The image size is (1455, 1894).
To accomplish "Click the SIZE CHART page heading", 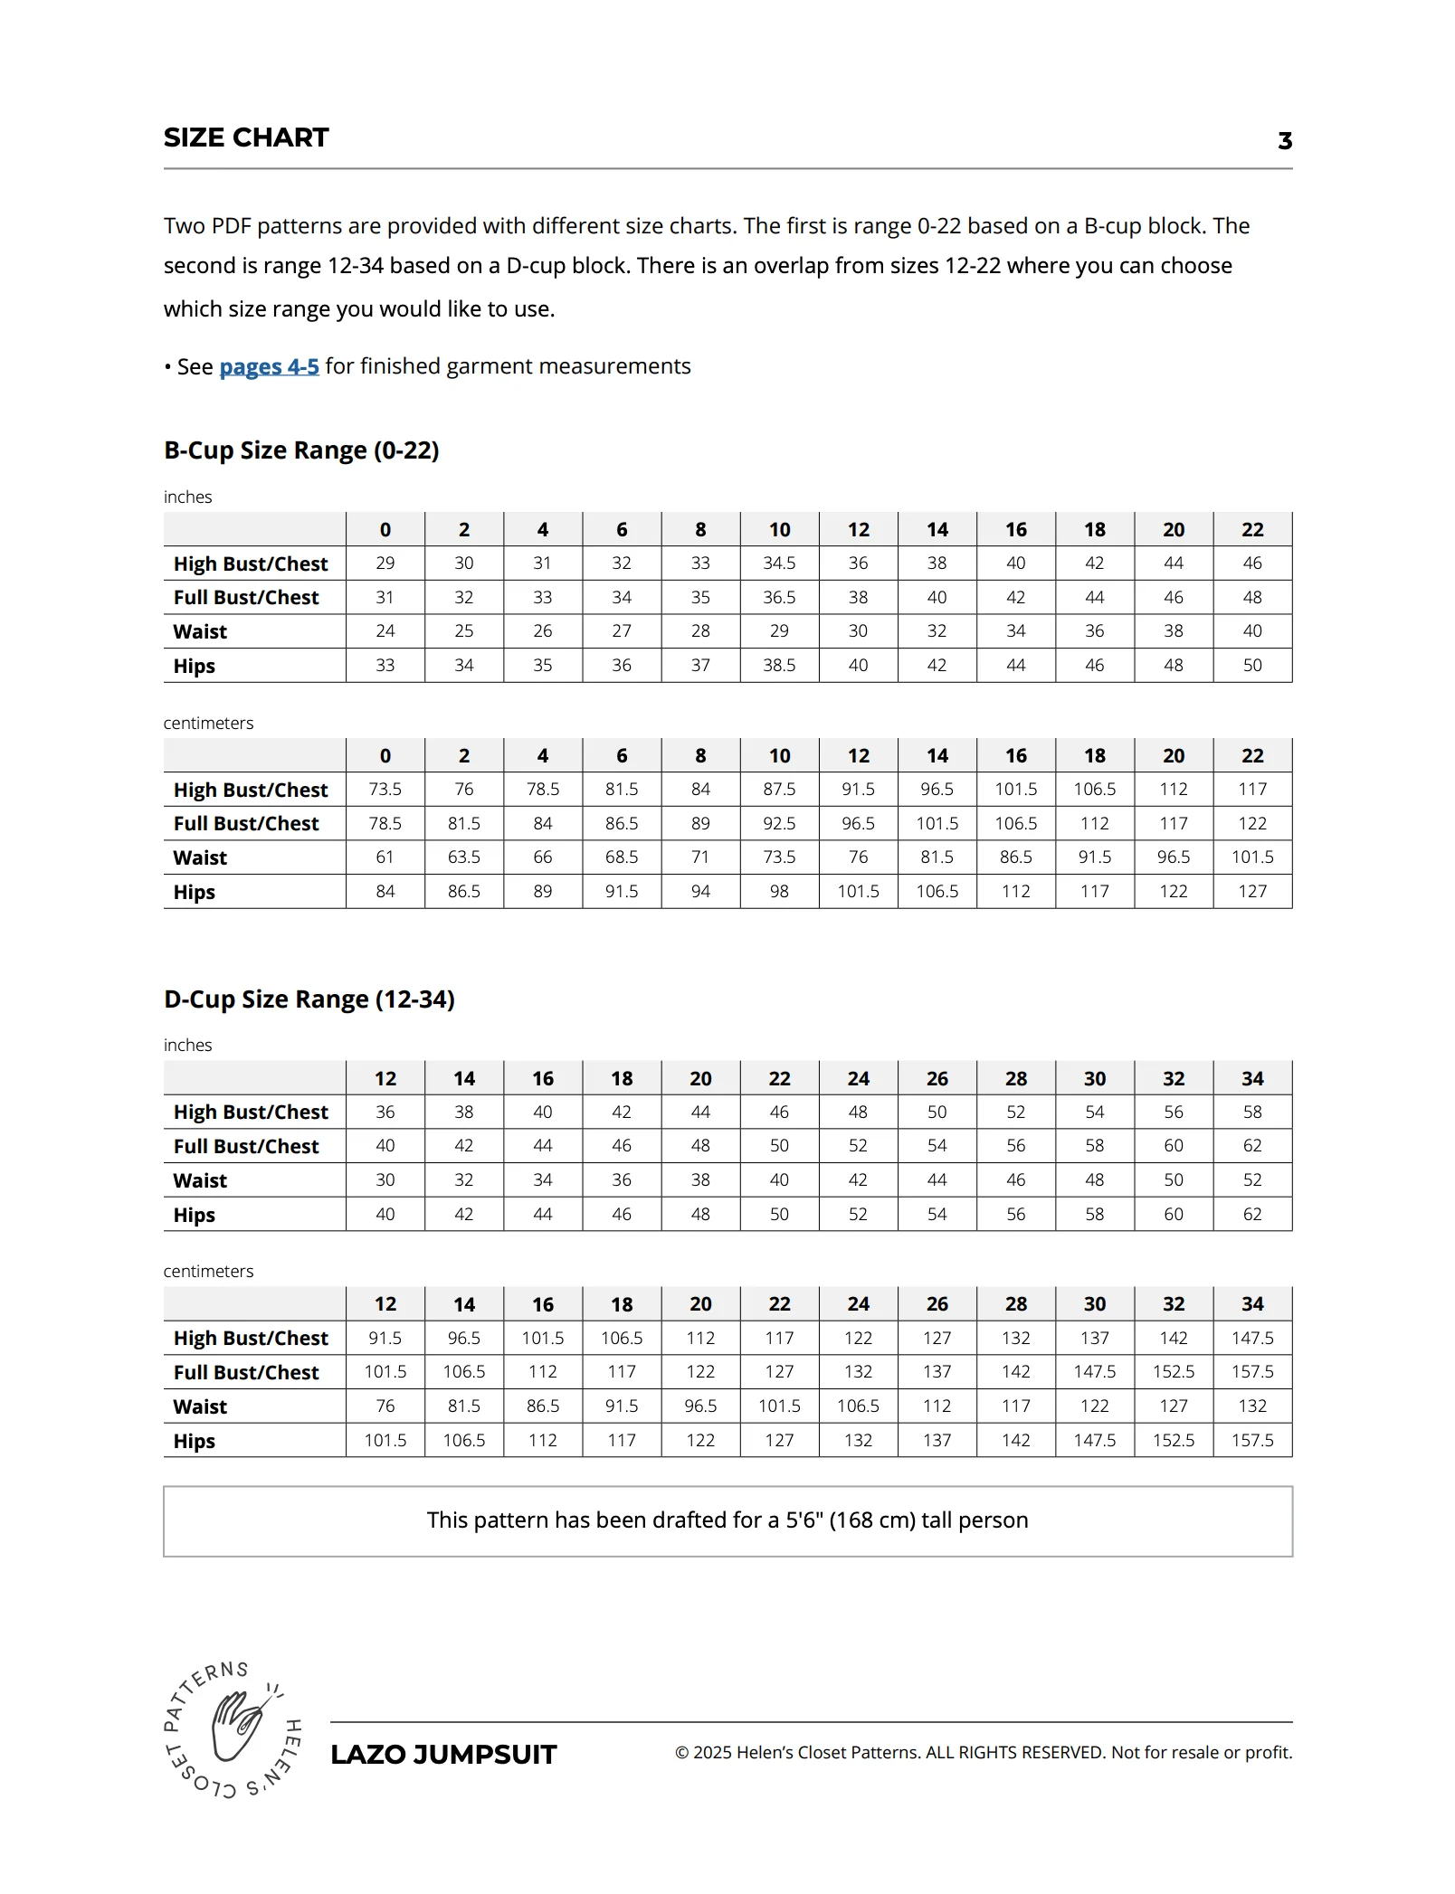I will coord(246,137).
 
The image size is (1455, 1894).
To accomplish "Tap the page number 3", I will coord(1284,141).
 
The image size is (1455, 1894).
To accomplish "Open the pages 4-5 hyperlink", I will coord(269,367).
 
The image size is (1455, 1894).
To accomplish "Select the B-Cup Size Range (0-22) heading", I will coord(301,450).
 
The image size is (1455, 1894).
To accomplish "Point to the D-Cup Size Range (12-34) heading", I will coord(309,999).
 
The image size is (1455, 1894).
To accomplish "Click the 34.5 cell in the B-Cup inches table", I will coord(779,563).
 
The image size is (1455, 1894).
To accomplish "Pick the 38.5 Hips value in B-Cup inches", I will coord(779,666).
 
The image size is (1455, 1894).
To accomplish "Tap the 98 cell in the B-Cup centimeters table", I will coord(779,892).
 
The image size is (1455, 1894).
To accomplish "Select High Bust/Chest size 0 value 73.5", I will coord(385,790).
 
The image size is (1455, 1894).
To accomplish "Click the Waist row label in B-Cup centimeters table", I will coord(200,857).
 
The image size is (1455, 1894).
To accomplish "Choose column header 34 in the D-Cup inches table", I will coord(1252,1078).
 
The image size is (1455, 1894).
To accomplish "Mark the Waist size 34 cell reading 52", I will coord(1252,1180).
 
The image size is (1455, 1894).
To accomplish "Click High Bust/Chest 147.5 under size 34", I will coord(1252,1339).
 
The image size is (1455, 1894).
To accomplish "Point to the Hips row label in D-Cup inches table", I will coord(195,1215).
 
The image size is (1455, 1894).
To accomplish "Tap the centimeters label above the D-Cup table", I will coord(208,1272).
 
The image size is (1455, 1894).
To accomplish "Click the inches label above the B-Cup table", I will coord(187,497).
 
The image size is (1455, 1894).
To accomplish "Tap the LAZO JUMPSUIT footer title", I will coord(443,1755).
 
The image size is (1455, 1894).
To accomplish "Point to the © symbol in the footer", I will coord(682,1753).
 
